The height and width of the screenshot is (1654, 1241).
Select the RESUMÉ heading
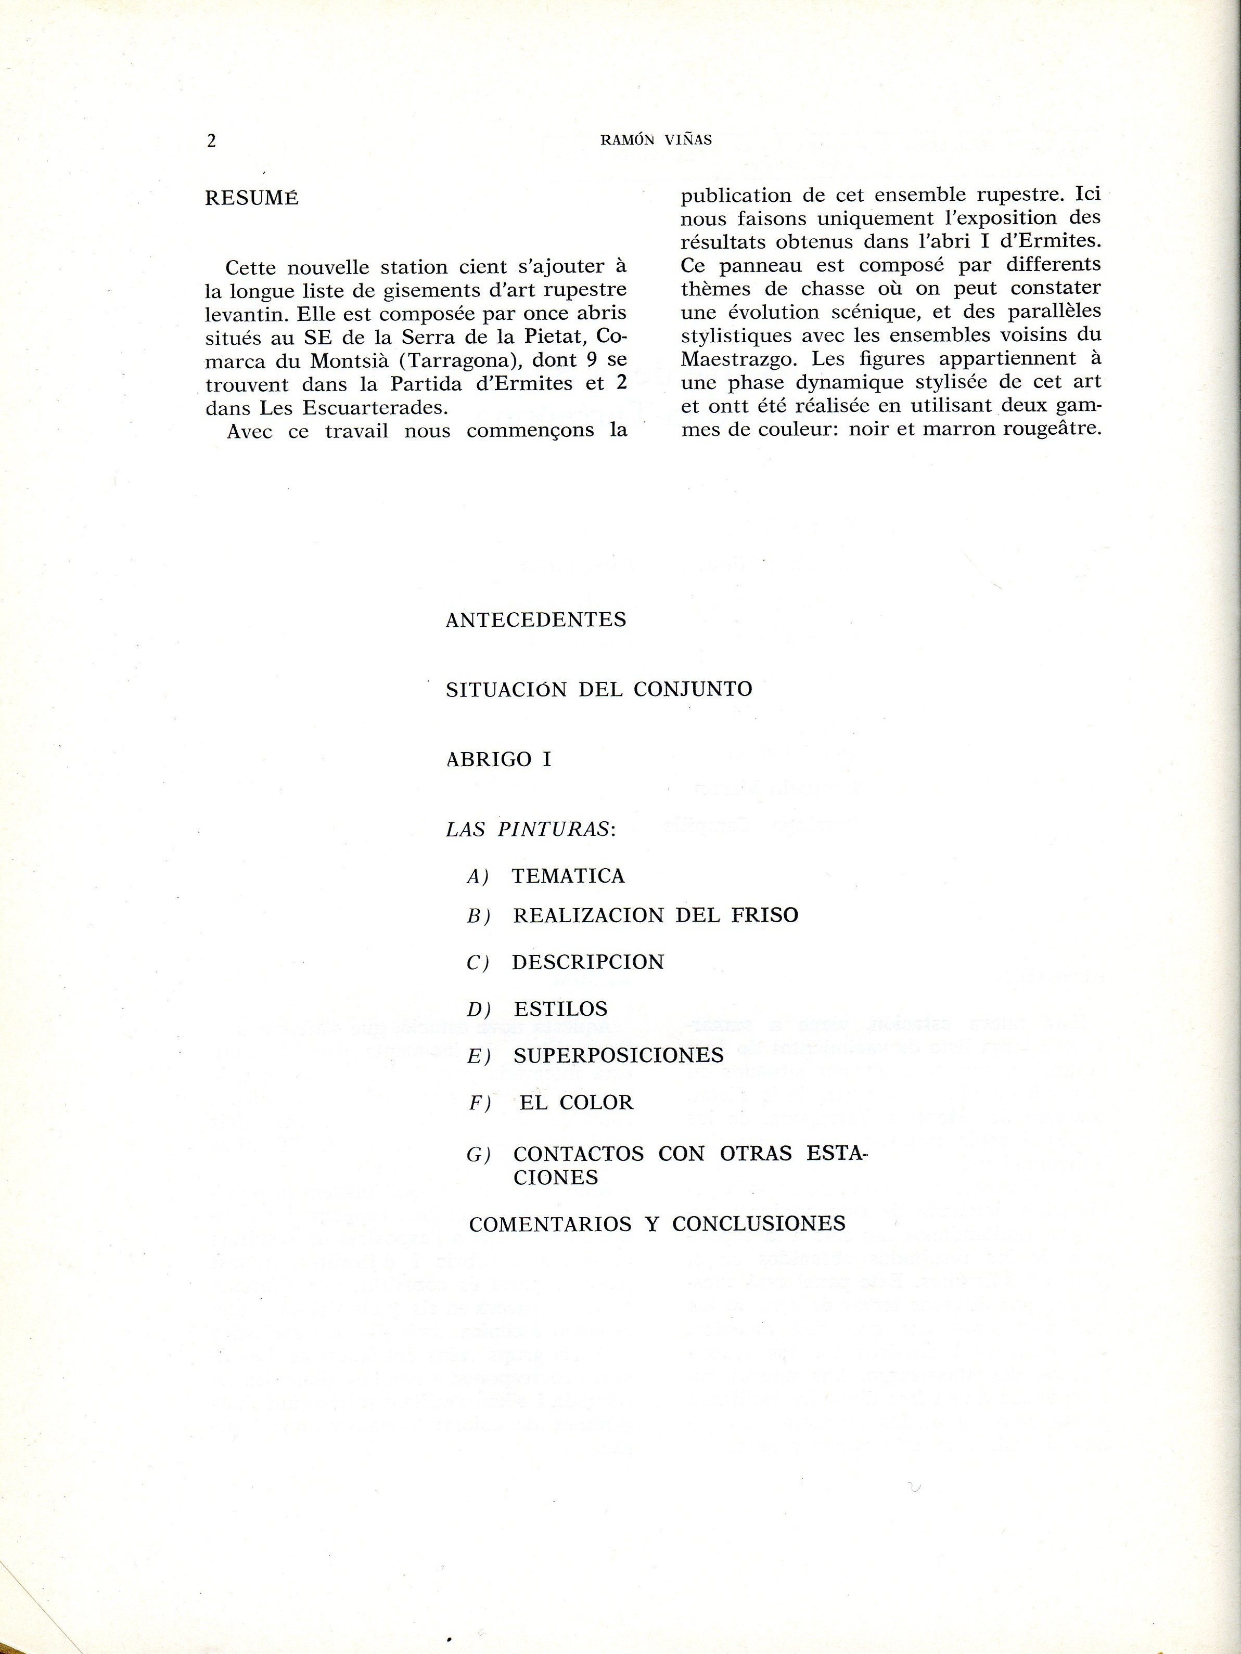(x=251, y=199)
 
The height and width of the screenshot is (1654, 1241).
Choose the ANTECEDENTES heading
(x=535, y=620)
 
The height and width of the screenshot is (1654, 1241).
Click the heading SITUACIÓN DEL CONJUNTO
(x=598, y=689)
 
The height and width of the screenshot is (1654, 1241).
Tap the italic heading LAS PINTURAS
(x=530, y=829)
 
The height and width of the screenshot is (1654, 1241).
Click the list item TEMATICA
(x=568, y=875)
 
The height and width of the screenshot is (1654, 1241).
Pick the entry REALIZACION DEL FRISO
(x=655, y=915)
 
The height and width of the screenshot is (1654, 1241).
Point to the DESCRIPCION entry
(x=588, y=962)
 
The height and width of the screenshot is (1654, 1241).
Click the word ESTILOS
(x=560, y=1009)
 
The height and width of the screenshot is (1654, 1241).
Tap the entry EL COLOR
(x=576, y=1102)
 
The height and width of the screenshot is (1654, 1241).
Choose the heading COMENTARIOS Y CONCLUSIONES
(x=657, y=1224)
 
